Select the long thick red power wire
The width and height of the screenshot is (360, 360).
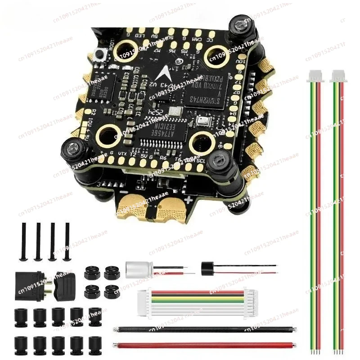tap(205, 346)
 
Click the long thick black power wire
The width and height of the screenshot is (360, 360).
tap(205, 329)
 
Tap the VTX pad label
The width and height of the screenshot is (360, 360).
tap(122, 154)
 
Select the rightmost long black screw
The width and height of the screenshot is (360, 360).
tap(67, 241)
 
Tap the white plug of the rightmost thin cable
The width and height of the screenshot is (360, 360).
tap(337, 77)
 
